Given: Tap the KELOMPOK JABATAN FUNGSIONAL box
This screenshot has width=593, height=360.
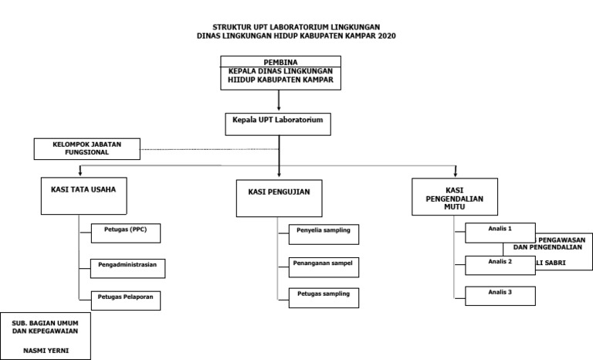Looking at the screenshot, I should [87, 148].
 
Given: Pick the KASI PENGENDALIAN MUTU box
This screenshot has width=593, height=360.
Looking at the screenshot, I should [454, 198].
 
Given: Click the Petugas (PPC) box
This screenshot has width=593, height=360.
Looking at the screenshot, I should [125, 233].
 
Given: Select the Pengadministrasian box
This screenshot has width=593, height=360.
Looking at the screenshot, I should [128, 267].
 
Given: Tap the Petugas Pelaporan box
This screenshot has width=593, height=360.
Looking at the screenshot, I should [126, 299].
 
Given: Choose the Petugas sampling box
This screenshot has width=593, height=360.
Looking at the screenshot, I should [324, 297].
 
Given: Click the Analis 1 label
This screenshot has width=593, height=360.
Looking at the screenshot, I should [500, 229].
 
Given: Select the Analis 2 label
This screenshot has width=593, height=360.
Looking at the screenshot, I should [500, 262].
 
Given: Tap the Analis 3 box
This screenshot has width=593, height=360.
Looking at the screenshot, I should [500, 294].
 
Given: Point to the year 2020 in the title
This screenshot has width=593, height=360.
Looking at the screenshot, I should [387, 36].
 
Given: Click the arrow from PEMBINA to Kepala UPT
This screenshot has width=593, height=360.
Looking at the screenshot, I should [279, 101].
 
